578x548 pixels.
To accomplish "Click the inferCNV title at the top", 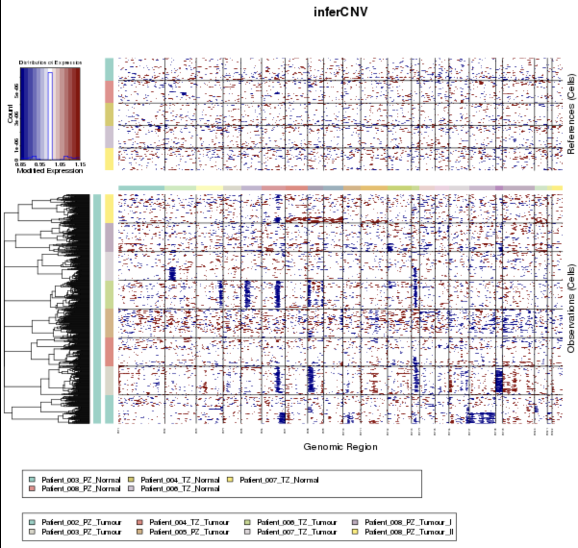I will (x=340, y=12).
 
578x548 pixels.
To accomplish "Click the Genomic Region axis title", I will (x=340, y=447).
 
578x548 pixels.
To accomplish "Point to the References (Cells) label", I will (x=571, y=114).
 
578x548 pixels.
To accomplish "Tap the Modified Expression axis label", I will (x=50, y=171).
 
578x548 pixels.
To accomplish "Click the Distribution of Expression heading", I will (x=50, y=62).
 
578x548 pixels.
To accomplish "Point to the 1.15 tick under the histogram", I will (x=80, y=164).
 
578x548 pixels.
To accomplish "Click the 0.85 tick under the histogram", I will (x=20, y=164).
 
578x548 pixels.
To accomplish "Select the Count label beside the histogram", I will (x=11, y=114).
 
